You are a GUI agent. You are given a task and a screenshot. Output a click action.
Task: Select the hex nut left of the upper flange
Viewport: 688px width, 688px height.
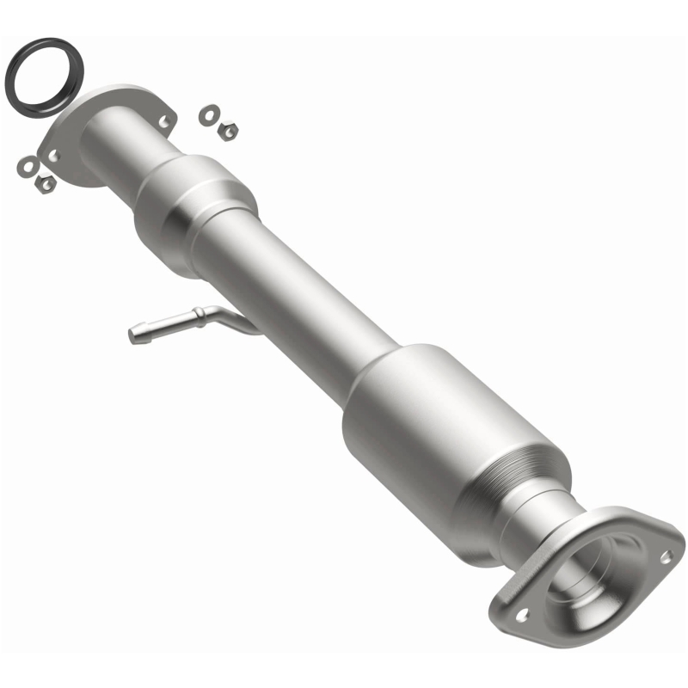pyautogui.click(x=45, y=182)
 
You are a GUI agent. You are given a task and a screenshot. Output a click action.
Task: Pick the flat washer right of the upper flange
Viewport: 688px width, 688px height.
pyautogui.click(x=208, y=114)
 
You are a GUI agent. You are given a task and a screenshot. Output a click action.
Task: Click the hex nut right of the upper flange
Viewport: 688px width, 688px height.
pyautogui.click(x=228, y=130)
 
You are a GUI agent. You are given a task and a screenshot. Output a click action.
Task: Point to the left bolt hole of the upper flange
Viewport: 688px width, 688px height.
pyautogui.click(x=54, y=155)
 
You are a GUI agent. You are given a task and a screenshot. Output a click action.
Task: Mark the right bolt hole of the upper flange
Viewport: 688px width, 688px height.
pyautogui.click(x=163, y=121)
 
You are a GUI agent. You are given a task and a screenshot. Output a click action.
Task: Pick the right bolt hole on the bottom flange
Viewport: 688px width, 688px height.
pyautogui.click(x=665, y=556)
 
